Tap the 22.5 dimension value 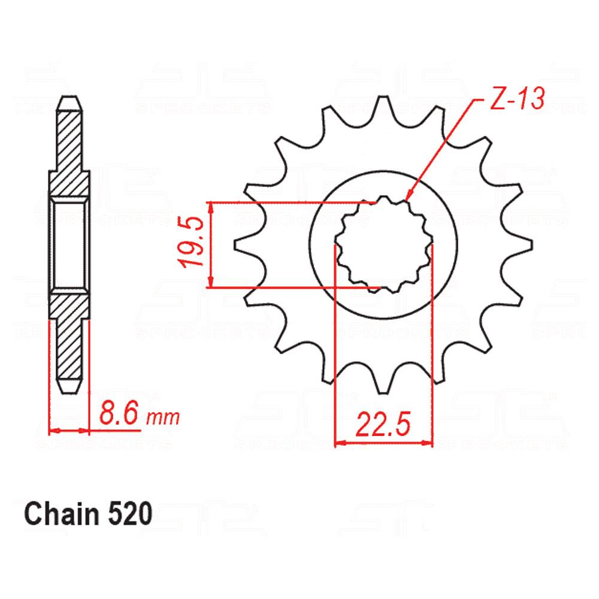click(383, 425)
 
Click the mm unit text click(162, 416)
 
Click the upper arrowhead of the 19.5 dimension click(210, 206)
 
